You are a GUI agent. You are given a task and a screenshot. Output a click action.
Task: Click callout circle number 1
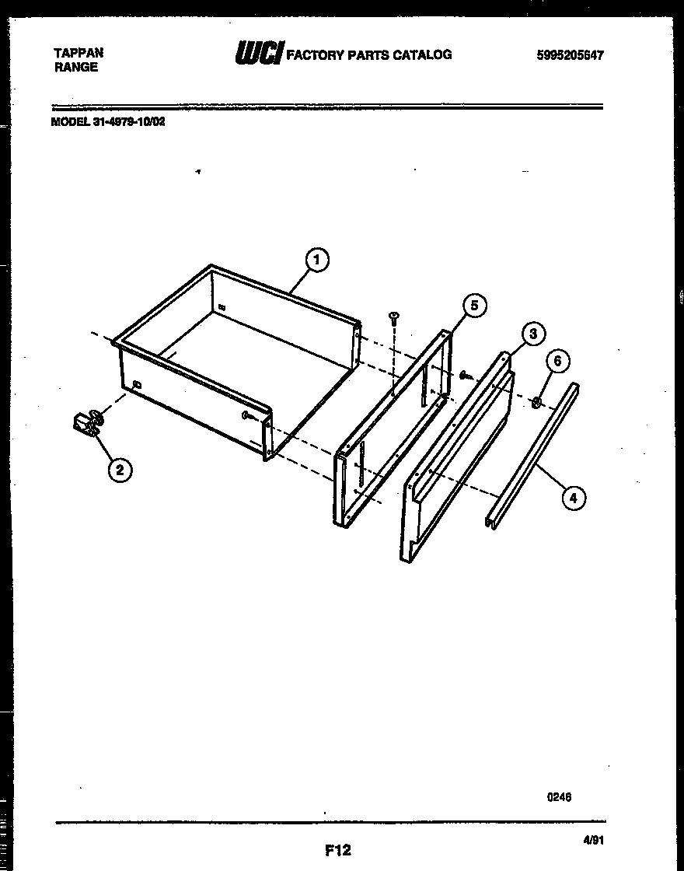[x=317, y=260]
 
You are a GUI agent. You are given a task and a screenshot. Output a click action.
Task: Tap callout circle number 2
[x=119, y=469]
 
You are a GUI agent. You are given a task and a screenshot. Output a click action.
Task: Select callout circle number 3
[x=532, y=334]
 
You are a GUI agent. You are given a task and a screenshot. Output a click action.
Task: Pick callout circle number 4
[x=573, y=498]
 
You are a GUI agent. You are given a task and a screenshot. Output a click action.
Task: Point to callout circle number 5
[x=475, y=306]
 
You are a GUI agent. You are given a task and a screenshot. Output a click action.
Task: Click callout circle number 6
[x=557, y=361]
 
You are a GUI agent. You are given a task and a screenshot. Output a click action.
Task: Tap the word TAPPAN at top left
[x=79, y=53]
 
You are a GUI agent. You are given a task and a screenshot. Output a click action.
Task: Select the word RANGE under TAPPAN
[x=76, y=67]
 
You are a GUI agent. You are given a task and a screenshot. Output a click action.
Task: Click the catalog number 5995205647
[x=570, y=55]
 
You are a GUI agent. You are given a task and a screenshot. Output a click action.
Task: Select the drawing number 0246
[x=560, y=796]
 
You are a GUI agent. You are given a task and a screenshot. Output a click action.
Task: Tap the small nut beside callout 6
[x=536, y=402]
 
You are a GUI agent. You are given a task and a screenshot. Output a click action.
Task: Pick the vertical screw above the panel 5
[x=395, y=319]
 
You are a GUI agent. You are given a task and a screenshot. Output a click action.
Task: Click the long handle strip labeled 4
[x=532, y=455]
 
